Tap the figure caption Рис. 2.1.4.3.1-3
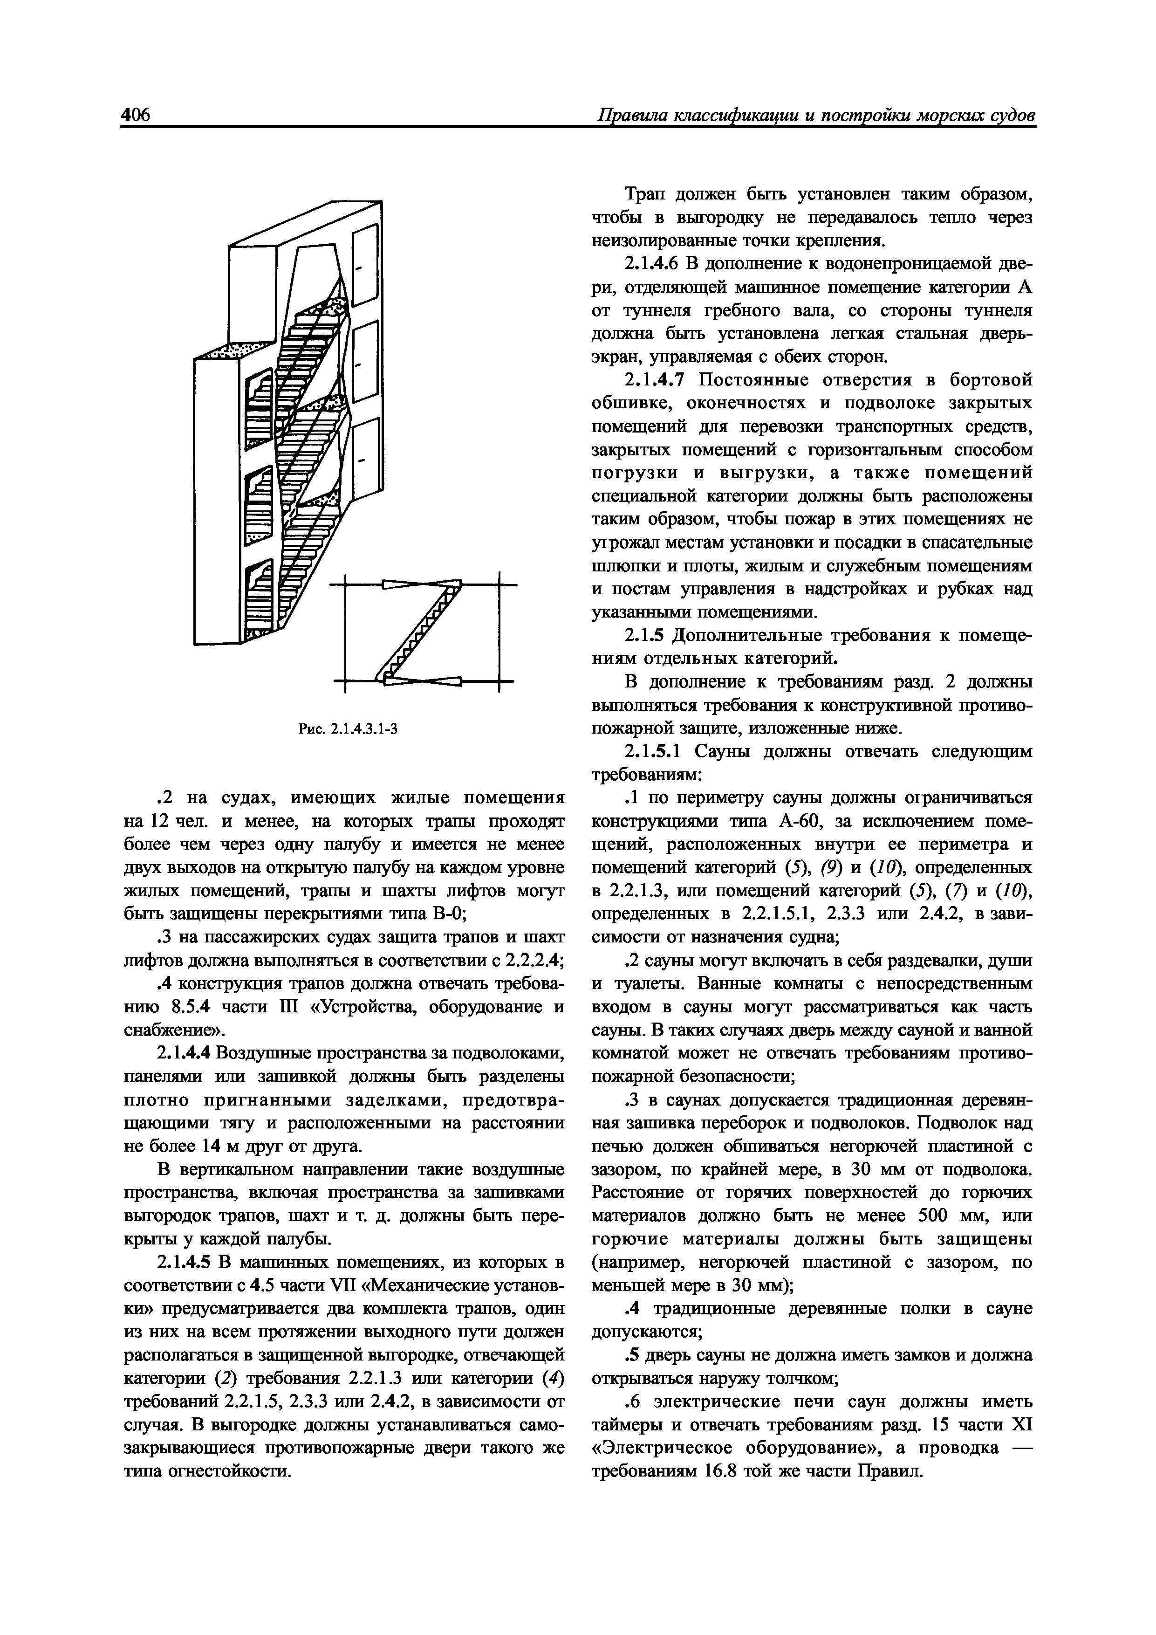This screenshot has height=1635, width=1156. (348, 728)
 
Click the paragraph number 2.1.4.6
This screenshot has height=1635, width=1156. (653, 263)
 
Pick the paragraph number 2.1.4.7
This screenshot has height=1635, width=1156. (653, 380)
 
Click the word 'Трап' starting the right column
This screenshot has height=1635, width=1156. (647, 194)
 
